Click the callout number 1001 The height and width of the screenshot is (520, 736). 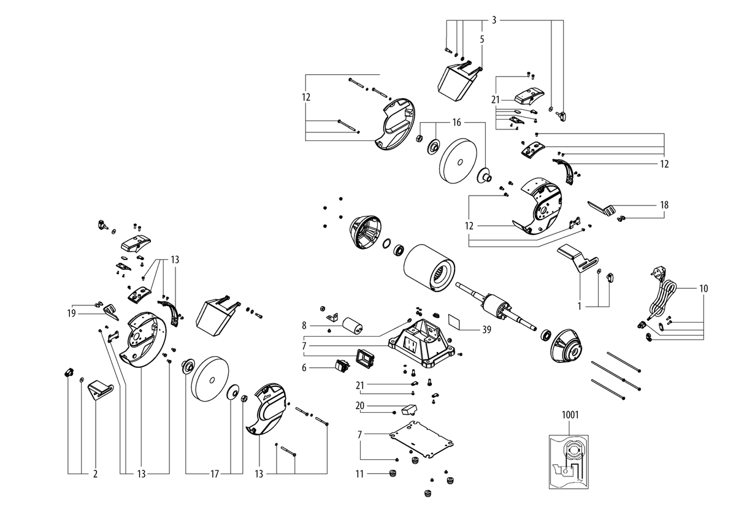click(570, 415)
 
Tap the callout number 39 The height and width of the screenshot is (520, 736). click(486, 329)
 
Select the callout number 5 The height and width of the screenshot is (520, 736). click(482, 39)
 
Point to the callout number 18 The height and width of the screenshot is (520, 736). click(664, 205)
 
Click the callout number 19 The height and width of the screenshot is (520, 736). click(72, 313)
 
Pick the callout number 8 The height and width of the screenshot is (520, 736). click(304, 326)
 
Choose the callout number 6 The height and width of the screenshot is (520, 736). click(304, 367)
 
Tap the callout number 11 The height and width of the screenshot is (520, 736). click(359, 474)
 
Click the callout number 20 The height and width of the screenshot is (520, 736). click(360, 406)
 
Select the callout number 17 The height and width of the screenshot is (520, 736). click(214, 474)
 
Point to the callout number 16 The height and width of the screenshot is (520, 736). click(457, 123)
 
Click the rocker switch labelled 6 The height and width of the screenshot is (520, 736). click(342, 365)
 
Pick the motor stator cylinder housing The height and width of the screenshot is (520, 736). click(429, 269)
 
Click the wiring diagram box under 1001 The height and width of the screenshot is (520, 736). click(569, 462)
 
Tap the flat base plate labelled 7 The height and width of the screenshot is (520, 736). click(421, 438)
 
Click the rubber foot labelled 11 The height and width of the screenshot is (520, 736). click(392, 473)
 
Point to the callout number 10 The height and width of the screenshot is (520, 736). click(703, 288)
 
